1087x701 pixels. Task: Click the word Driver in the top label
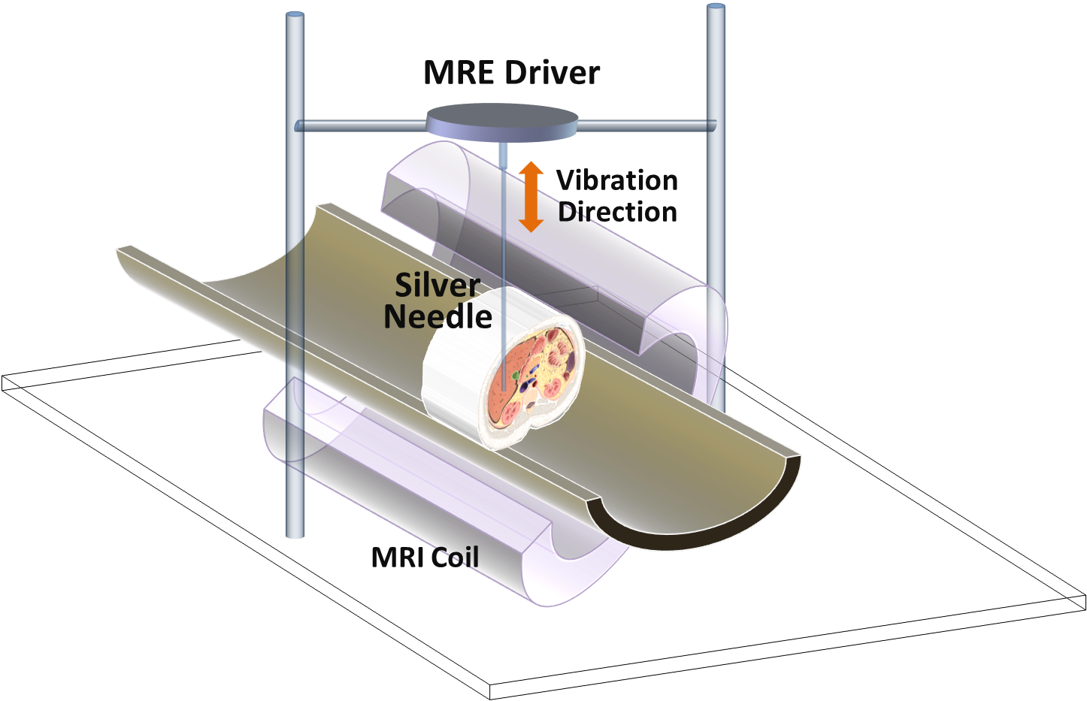553,73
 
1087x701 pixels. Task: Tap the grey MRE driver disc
501,122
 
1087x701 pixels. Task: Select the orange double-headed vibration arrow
531,196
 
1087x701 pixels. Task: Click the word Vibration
617,180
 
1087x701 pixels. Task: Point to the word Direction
617,212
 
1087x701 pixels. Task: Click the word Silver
438,286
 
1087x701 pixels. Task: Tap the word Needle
438,316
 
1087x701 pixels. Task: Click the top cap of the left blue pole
295,14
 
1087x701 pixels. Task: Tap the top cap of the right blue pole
716,7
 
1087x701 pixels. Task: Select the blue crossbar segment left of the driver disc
361,125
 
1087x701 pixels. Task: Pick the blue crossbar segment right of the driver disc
643,125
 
